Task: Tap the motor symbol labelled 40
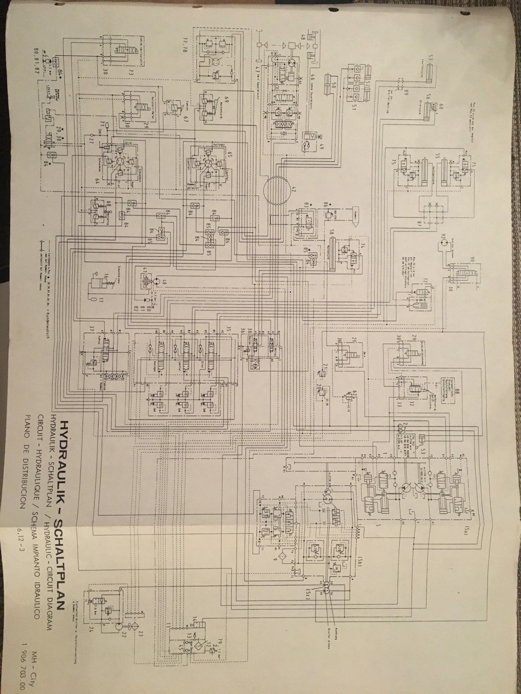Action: pos(156,282)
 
